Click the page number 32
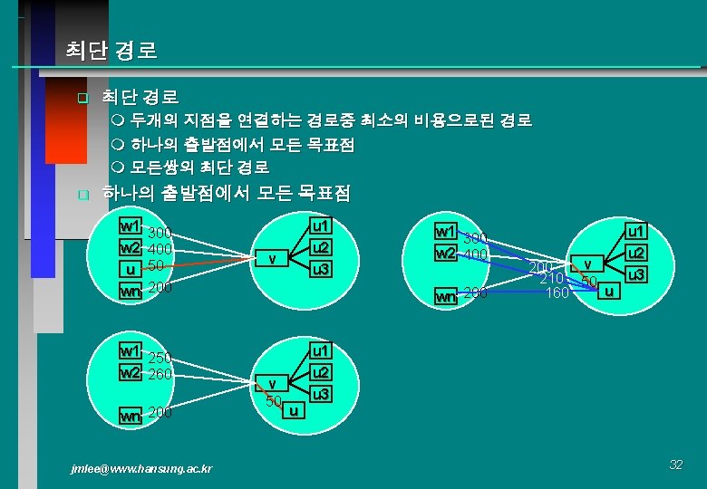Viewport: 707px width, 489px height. [x=675, y=465]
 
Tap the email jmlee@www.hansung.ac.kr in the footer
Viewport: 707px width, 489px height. [x=142, y=468]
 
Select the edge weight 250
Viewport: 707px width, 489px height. [x=160, y=358]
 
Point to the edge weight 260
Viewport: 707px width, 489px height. [x=160, y=373]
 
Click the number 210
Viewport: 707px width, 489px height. [x=552, y=279]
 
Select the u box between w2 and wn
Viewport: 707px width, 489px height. [x=131, y=270]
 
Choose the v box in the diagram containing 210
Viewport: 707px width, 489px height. [x=586, y=264]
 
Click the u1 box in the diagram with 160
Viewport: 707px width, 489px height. [x=637, y=232]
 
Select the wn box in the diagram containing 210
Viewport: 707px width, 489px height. [x=445, y=295]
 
